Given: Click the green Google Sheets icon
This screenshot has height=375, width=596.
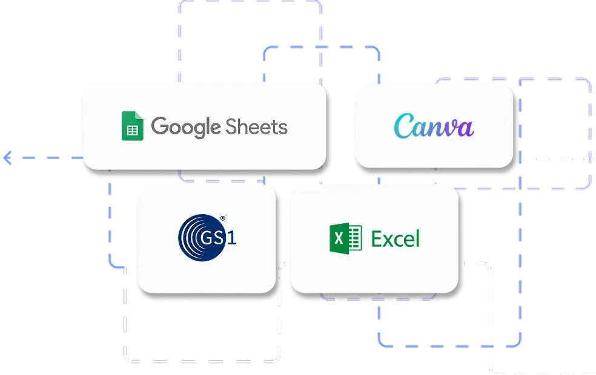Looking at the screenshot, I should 132,126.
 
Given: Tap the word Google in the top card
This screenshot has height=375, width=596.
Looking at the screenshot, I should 186,127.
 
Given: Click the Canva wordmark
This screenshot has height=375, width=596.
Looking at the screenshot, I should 434,127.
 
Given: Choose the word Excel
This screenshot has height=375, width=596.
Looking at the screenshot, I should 395,238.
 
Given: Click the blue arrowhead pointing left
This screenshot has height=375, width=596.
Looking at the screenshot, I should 7,158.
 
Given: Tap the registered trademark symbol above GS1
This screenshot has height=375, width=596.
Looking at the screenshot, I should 222,218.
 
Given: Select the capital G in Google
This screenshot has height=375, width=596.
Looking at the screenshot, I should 160,126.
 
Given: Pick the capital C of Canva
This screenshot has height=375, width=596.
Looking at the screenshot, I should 404,127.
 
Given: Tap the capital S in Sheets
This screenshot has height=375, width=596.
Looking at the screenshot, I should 232,126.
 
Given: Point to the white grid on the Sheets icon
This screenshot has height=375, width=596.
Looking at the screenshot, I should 132,129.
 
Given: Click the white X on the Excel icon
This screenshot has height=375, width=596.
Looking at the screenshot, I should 339,238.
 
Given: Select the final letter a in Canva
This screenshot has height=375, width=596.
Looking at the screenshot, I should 465,128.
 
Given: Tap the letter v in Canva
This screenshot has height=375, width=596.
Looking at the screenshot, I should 449,129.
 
